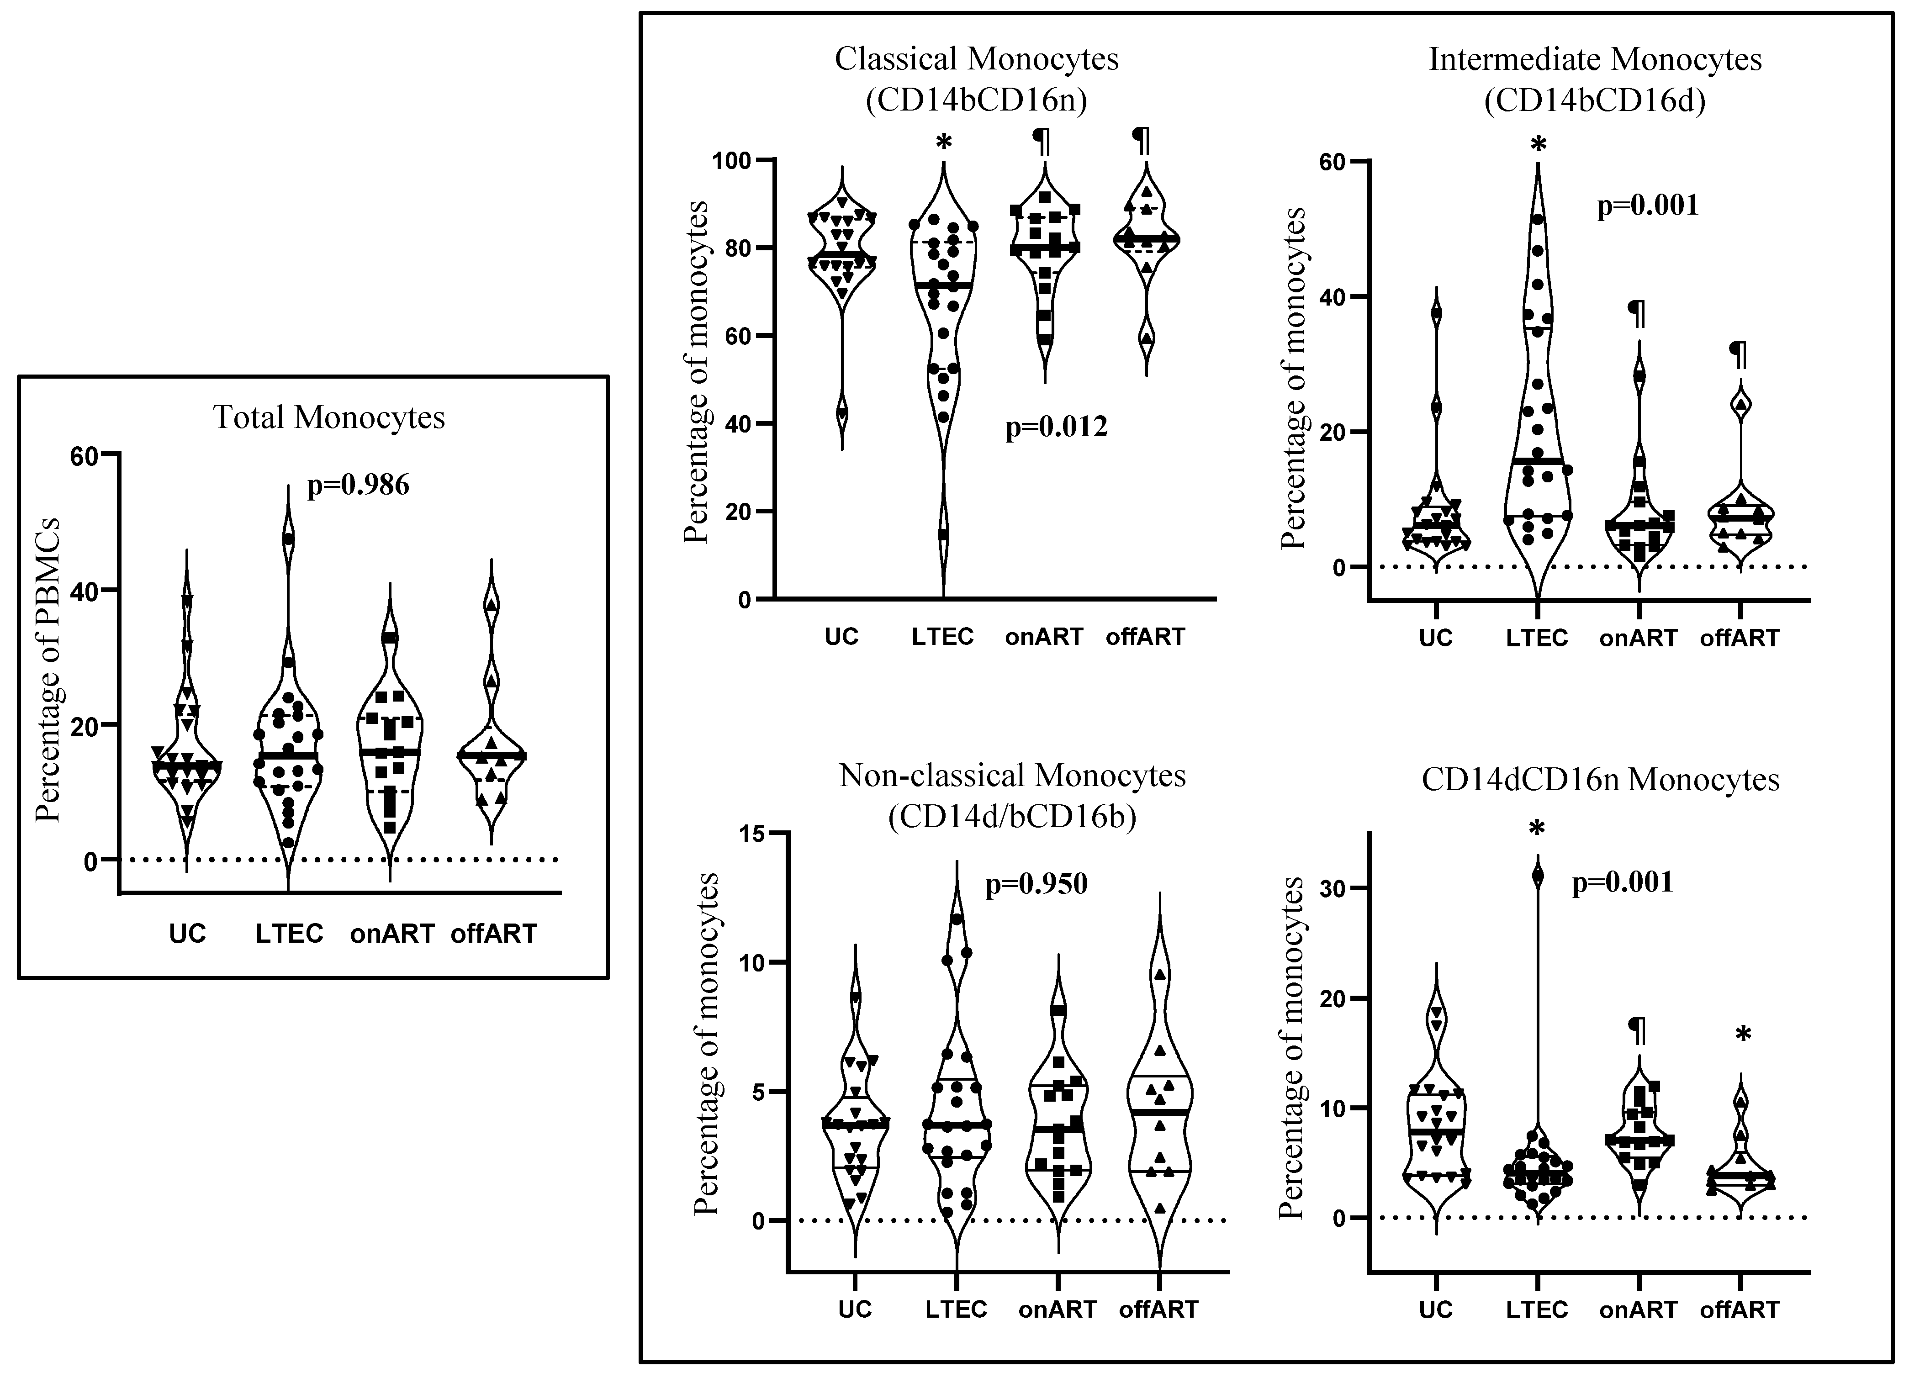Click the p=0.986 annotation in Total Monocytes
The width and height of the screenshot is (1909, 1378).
[x=358, y=486]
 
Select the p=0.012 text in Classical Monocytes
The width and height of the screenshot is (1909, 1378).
[x=1056, y=428]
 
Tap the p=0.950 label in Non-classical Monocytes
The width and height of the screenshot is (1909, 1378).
[x=1036, y=884]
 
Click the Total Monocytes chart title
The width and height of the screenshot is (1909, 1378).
[x=328, y=417]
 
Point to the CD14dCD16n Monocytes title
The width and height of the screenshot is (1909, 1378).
[x=1600, y=780]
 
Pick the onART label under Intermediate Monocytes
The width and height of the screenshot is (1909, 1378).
[x=1638, y=638]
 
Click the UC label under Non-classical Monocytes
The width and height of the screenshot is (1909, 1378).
[x=854, y=1310]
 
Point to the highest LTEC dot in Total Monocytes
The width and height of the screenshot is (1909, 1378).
[x=289, y=539]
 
